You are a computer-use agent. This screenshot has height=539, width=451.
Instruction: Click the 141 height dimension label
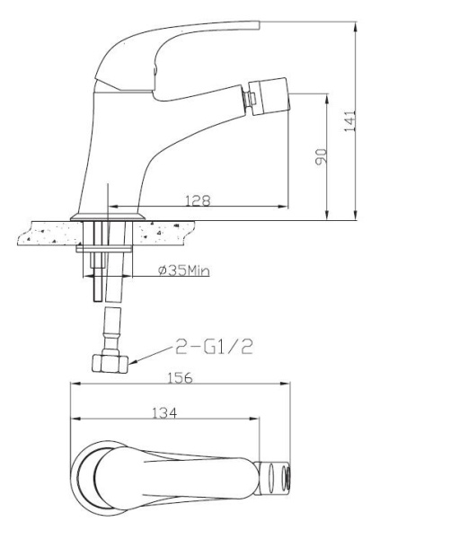pos(350,121)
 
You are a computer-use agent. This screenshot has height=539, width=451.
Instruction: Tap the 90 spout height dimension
pos(321,156)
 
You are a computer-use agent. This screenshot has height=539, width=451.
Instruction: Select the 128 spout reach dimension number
pos(198,200)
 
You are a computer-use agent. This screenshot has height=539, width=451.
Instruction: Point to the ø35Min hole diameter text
pos(184,270)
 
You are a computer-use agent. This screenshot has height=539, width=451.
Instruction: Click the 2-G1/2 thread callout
pos(214,347)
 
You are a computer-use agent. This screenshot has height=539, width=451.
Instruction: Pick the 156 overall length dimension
pos(180,378)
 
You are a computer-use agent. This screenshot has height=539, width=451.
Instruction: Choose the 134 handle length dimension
pos(164,413)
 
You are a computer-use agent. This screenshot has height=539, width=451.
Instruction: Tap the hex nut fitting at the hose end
pos(110,364)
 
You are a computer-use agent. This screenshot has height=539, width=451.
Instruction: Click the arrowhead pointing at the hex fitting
pos(133,361)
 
